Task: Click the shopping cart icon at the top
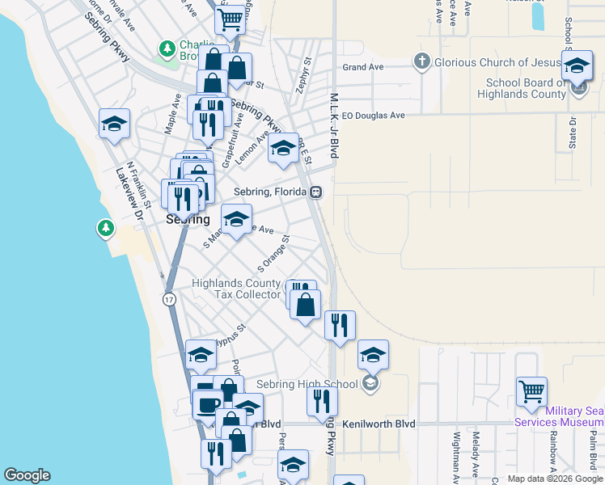231,19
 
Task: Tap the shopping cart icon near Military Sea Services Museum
531,392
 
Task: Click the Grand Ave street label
362,68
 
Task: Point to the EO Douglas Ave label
374,115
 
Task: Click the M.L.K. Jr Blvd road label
333,124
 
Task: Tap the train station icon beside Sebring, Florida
316,192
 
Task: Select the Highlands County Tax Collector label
236,289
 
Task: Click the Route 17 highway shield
169,299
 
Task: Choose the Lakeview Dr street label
129,195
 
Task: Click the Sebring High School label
307,384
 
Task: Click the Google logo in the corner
27,475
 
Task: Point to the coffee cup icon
208,403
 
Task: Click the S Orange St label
273,253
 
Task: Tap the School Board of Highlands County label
527,88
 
